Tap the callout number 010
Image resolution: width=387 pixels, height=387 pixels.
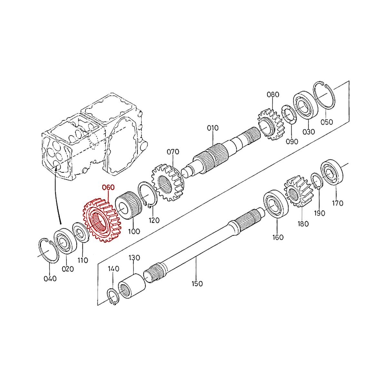(x=213, y=128)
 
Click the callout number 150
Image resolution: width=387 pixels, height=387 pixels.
(x=197, y=284)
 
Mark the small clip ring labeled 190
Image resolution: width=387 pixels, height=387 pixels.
(x=317, y=181)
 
